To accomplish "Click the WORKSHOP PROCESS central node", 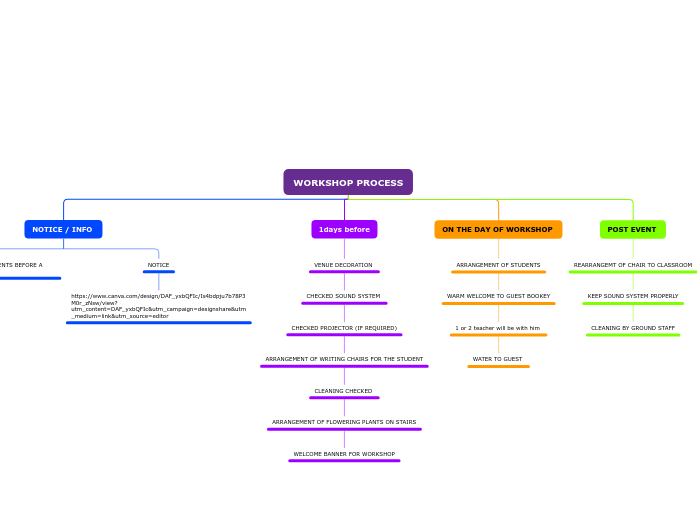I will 348,183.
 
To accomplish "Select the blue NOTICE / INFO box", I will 62,230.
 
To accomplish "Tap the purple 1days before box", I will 344,230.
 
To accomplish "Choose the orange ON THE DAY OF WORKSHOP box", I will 497,230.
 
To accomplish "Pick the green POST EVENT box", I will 632,230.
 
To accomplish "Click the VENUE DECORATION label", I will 343,265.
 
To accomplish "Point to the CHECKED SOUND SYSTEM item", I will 343,296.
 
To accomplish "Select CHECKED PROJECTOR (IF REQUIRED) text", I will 344,328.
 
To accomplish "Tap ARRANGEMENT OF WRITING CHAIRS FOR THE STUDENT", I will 344,359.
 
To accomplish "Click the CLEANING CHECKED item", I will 343,391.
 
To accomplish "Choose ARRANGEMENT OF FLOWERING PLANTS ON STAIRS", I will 344,422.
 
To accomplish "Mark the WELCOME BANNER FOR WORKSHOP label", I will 344,454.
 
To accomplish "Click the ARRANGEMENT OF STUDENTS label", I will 498,265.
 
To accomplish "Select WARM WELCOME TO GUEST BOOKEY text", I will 498,296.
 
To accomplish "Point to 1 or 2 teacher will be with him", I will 497,328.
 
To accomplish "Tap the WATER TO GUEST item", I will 497,359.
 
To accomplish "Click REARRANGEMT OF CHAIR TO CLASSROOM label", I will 633,265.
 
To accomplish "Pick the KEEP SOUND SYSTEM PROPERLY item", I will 633,296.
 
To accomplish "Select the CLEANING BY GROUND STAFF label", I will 633,328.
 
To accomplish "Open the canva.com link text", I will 158,306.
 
